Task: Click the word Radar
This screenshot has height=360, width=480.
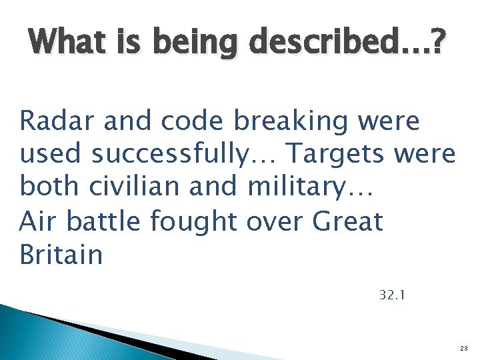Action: point(56,121)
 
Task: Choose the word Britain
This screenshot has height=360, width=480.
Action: point(61,254)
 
